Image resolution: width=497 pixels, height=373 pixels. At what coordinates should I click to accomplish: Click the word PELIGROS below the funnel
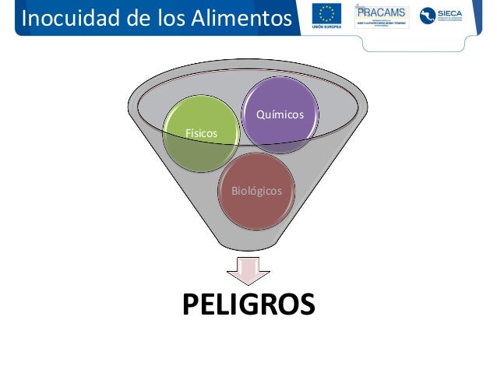(x=248, y=304)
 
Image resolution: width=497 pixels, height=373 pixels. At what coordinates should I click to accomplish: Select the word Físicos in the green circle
(x=201, y=134)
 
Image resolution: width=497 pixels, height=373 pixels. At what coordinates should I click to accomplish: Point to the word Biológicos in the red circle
(x=256, y=191)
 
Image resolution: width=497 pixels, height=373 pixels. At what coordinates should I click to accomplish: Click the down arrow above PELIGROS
(x=248, y=272)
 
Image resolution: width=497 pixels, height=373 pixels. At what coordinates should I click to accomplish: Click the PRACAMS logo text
(x=381, y=12)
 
